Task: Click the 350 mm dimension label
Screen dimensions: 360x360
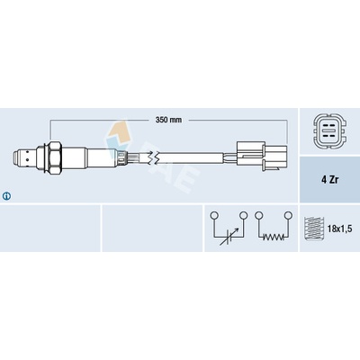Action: click(x=168, y=120)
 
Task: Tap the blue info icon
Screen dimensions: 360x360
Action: click(x=6, y=196)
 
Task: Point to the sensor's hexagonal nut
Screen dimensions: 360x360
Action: click(x=56, y=157)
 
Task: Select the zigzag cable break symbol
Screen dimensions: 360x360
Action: click(x=154, y=157)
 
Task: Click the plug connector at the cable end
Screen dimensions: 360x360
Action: click(x=262, y=157)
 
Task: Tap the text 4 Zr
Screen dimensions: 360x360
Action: click(x=329, y=180)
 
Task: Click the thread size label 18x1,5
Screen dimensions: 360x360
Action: click(x=340, y=229)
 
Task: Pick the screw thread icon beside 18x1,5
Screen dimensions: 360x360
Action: click(x=313, y=228)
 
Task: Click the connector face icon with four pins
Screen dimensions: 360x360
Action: click(x=329, y=131)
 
